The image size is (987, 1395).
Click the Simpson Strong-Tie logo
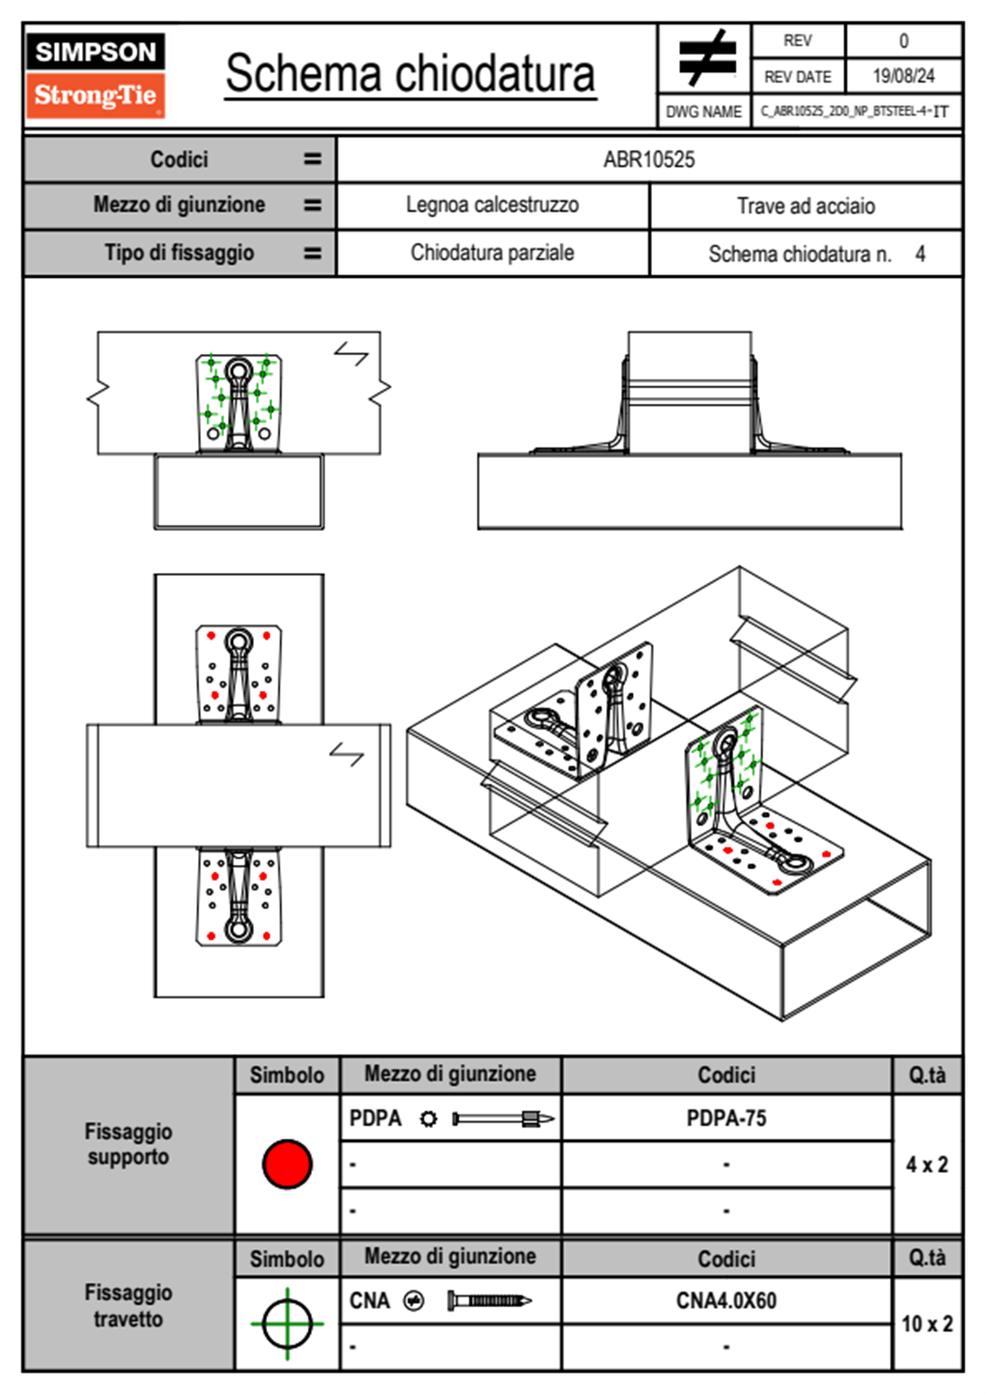[x=95, y=75]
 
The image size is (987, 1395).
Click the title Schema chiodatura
[x=410, y=74]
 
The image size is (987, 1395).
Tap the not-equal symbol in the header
[x=706, y=58]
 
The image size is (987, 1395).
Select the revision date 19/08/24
[x=902, y=76]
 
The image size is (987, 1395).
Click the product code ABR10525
[x=649, y=159]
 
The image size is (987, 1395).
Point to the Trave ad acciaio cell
[x=805, y=206]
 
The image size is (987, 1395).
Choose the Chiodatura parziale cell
[x=492, y=253]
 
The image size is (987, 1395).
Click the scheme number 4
[x=920, y=254]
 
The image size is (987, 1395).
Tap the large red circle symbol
[x=287, y=1164]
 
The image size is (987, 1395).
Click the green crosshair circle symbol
[x=287, y=1324]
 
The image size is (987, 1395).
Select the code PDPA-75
[x=726, y=1118]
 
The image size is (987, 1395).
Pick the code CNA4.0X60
[x=726, y=1300]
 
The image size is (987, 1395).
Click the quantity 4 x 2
[x=926, y=1164]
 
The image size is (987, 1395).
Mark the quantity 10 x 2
[x=926, y=1324]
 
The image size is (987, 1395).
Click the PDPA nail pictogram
[x=503, y=1119]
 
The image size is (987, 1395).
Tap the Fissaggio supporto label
[x=128, y=1144]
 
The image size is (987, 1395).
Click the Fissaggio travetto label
[x=128, y=1305]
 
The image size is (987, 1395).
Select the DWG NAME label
[x=703, y=112]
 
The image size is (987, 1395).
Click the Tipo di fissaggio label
[x=179, y=253]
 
